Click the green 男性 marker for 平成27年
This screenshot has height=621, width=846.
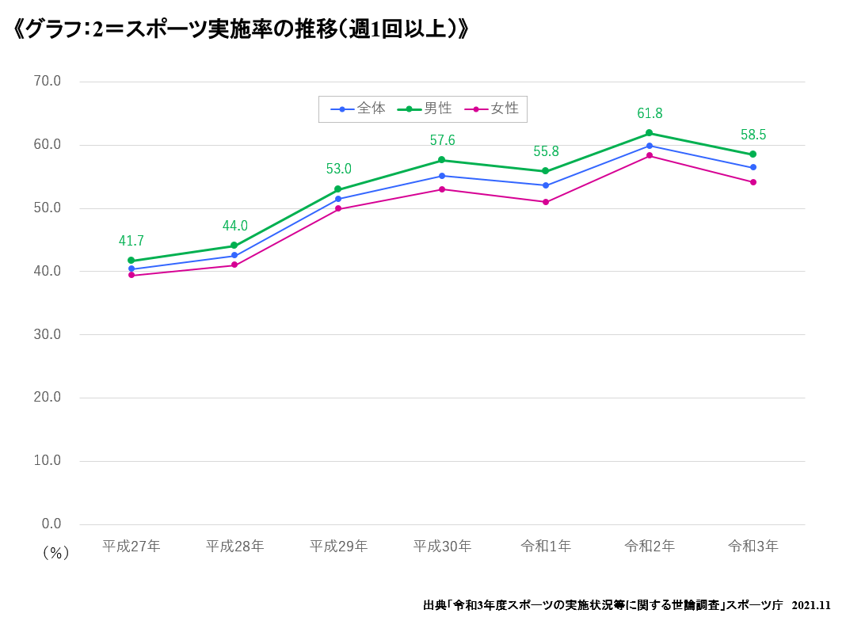(x=131, y=261)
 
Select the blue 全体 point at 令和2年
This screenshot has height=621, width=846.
(x=650, y=146)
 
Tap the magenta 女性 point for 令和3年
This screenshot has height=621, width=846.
(x=753, y=182)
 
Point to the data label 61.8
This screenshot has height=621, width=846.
(x=650, y=113)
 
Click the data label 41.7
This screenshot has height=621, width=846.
(x=131, y=241)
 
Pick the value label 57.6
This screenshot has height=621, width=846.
(x=442, y=140)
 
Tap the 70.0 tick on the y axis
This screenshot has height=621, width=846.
(x=48, y=81)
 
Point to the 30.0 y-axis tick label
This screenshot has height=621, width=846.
(x=48, y=334)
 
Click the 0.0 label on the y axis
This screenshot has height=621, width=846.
(x=51, y=524)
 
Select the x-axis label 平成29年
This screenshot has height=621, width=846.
(x=338, y=546)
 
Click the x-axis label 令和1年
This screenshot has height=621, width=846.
(x=546, y=546)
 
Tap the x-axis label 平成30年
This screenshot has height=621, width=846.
(x=442, y=546)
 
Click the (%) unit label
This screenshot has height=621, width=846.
(x=55, y=553)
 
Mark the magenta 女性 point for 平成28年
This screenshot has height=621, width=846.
(x=234, y=265)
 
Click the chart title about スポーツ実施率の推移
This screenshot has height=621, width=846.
(x=242, y=29)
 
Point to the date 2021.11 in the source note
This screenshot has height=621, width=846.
(x=811, y=605)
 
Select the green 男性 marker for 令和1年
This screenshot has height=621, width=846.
(x=546, y=171)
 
